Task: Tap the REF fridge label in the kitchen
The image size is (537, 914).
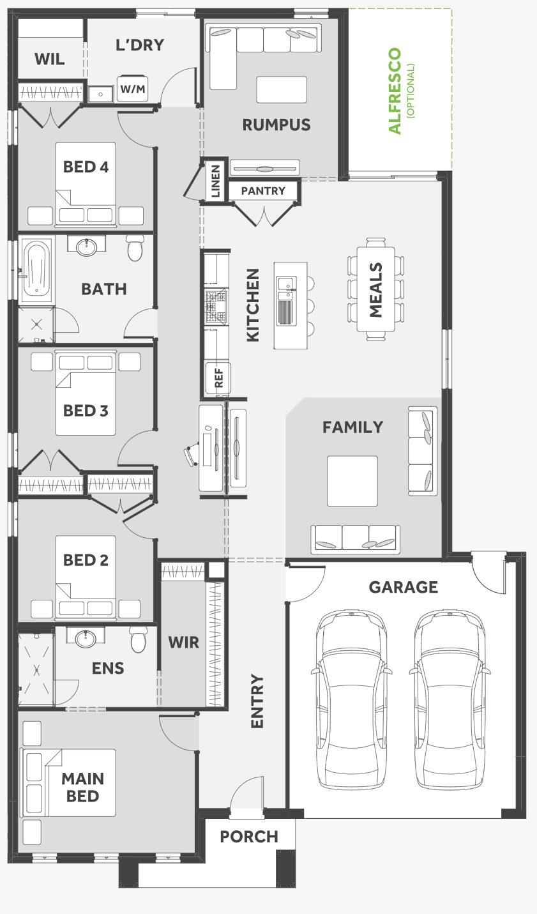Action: click(219, 377)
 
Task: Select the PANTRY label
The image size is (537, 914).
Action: click(263, 190)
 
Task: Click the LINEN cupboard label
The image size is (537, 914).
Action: click(216, 180)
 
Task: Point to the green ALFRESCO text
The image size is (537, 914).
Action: click(395, 91)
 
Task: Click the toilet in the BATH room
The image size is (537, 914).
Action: click(135, 248)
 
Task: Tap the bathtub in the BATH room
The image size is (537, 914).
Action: click(37, 270)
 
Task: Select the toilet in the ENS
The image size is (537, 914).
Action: click(139, 639)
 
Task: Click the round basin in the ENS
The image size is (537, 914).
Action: click(86, 638)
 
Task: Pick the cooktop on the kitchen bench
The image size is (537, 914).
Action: click(215, 306)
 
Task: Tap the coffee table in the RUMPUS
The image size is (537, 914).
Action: click(282, 89)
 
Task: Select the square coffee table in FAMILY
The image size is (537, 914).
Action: click(352, 481)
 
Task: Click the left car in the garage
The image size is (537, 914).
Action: click(351, 699)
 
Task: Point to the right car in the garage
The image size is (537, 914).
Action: click(450, 699)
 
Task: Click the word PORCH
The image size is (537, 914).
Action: click(249, 837)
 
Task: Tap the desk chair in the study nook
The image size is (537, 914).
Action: click(192, 454)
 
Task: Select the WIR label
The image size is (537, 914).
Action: click(184, 643)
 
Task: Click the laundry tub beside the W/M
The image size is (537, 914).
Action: click(101, 94)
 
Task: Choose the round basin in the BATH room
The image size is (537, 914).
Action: click(87, 247)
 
